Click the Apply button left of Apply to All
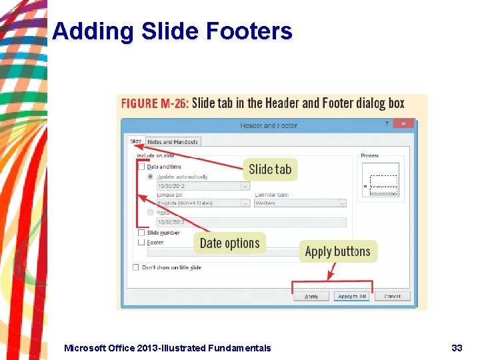tap(311, 296)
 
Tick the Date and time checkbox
tap(141, 167)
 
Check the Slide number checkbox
tap(141, 233)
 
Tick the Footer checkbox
tap(141, 243)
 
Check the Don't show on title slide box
tap(136, 267)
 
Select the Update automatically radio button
tap(151, 177)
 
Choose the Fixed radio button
tap(151, 212)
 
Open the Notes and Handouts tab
tap(173, 141)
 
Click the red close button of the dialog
tap(403, 123)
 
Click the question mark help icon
tap(387, 123)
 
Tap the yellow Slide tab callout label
tap(270, 169)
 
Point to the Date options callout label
tap(229, 243)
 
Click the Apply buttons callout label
tap(337, 251)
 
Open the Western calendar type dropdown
tap(299, 203)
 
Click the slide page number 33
tap(457, 347)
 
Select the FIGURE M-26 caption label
tap(155, 103)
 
